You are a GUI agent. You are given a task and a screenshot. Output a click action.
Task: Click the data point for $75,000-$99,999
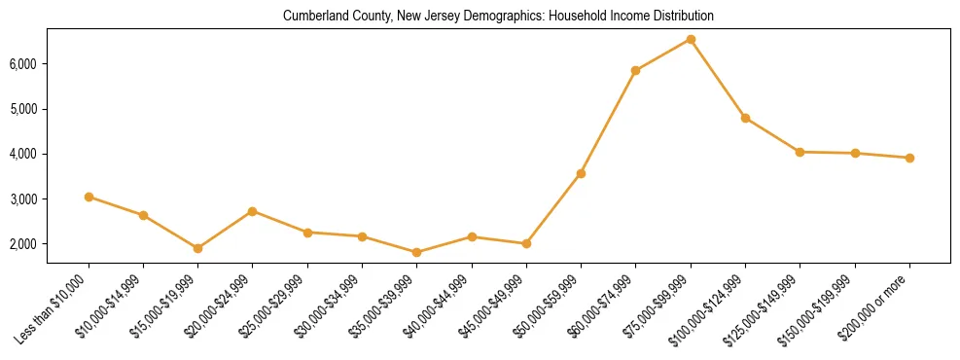(691, 39)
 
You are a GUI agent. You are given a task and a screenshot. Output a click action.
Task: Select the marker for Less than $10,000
(89, 197)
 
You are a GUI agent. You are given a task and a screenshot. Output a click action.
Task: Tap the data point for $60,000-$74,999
(635, 70)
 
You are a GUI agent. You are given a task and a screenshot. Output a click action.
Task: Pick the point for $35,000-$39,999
(416, 252)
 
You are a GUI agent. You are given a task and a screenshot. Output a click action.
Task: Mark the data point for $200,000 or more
(909, 158)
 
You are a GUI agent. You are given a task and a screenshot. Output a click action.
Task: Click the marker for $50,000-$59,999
(581, 173)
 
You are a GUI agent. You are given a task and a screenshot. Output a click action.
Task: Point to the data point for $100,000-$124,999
(745, 118)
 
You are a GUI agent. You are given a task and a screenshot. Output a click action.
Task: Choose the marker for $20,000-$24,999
(252, 211)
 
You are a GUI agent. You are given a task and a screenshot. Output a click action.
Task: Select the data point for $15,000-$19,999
(197, 248)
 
